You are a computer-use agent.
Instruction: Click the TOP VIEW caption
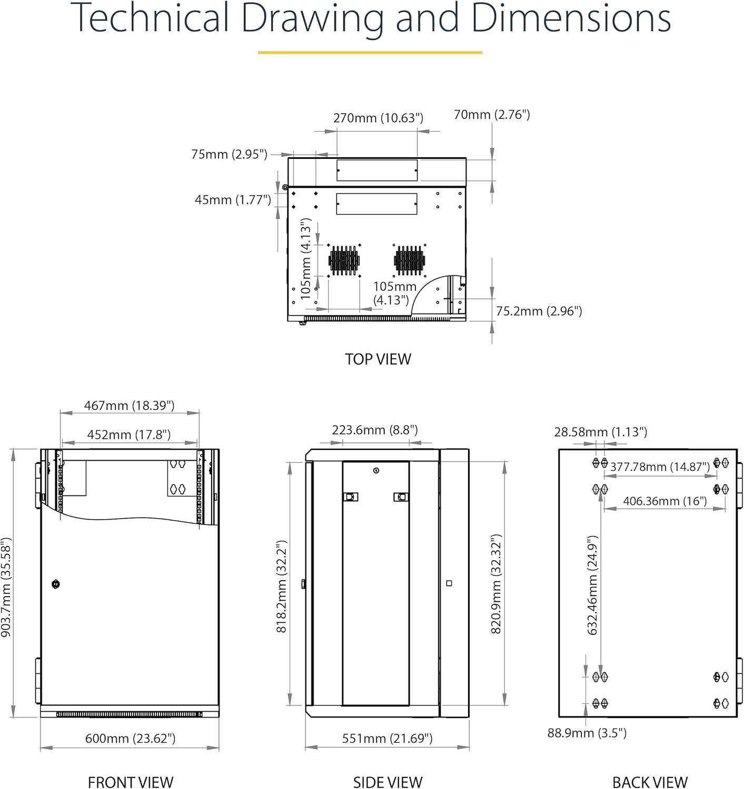click(x=378, y=359)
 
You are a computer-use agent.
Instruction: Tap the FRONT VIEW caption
click(x=131, y=782)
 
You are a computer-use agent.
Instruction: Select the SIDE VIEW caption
click(x=388, y=782)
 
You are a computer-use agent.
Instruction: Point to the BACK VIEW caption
click(x=650, y=782)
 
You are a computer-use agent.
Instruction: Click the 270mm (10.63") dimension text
click(x=378, y=118)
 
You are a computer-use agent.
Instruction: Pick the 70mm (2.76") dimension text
click(x=492, y=115)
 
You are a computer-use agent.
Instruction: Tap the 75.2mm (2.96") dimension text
click(x=539, y=311)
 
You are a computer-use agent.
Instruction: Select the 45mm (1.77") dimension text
click(x=233, y=199)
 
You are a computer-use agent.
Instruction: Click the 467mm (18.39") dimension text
click(x=130, y=405)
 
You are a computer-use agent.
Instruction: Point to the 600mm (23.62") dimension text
click(x=130, y=738)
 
